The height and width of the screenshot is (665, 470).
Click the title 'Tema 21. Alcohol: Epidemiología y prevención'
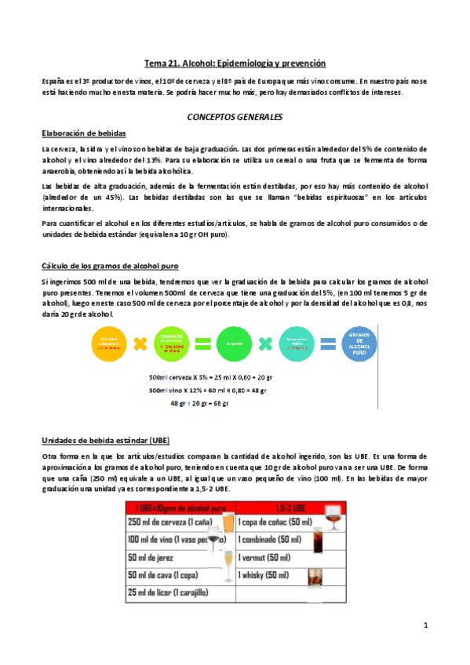[235, 63]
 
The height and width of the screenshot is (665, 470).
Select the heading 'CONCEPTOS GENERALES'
[235, 116]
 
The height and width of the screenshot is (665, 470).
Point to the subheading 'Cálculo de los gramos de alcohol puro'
[114, 265]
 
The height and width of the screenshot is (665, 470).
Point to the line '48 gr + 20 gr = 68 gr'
[199, 404]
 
